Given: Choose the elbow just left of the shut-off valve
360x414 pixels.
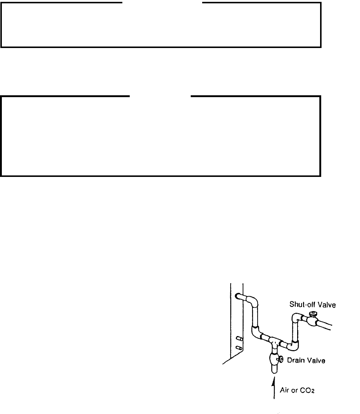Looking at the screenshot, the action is [x=298, y=318].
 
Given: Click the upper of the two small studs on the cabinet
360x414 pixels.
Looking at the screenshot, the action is [x=239, y=338].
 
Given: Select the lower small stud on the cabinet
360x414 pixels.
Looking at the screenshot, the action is [x=239, y=348].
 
